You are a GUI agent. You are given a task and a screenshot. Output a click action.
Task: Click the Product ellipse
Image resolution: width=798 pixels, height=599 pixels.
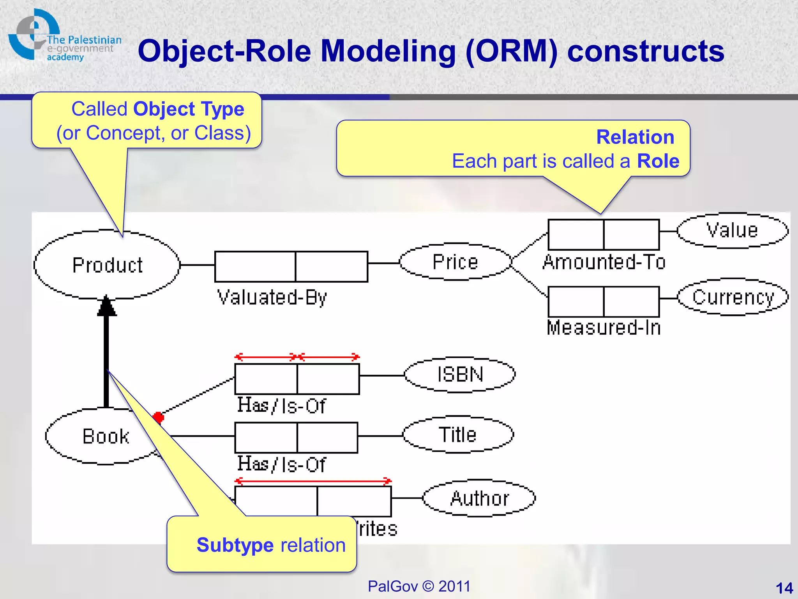107,265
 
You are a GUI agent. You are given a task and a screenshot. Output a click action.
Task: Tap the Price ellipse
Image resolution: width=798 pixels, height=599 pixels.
455,262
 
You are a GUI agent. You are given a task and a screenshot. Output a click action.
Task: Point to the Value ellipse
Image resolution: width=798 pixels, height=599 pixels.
732,230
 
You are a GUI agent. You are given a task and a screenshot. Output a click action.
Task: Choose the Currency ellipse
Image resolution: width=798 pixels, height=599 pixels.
733,298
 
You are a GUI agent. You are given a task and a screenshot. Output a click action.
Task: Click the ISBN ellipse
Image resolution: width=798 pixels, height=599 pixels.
460,374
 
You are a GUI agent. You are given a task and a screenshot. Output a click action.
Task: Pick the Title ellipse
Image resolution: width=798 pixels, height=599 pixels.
458,434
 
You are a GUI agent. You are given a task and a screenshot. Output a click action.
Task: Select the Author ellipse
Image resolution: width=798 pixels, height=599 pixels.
479,498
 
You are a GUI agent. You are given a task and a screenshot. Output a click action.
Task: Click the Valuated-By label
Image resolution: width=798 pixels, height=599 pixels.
272,298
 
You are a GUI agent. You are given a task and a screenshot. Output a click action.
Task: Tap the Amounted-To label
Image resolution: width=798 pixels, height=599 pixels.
604,262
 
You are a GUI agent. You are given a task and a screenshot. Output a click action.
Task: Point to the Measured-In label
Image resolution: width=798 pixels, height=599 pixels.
604,328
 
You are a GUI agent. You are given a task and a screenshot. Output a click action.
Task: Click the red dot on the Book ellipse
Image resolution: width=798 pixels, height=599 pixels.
158,417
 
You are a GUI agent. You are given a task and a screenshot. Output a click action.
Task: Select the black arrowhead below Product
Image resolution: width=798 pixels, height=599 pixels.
106,306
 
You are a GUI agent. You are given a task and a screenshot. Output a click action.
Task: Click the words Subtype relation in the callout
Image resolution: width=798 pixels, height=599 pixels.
271,545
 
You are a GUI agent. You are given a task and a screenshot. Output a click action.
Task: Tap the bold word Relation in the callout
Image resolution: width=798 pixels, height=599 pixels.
635,137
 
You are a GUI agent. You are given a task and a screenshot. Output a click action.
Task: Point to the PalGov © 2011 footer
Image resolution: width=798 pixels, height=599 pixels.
419,586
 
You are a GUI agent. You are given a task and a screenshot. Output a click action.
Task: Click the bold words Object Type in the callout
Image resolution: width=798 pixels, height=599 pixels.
189,109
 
